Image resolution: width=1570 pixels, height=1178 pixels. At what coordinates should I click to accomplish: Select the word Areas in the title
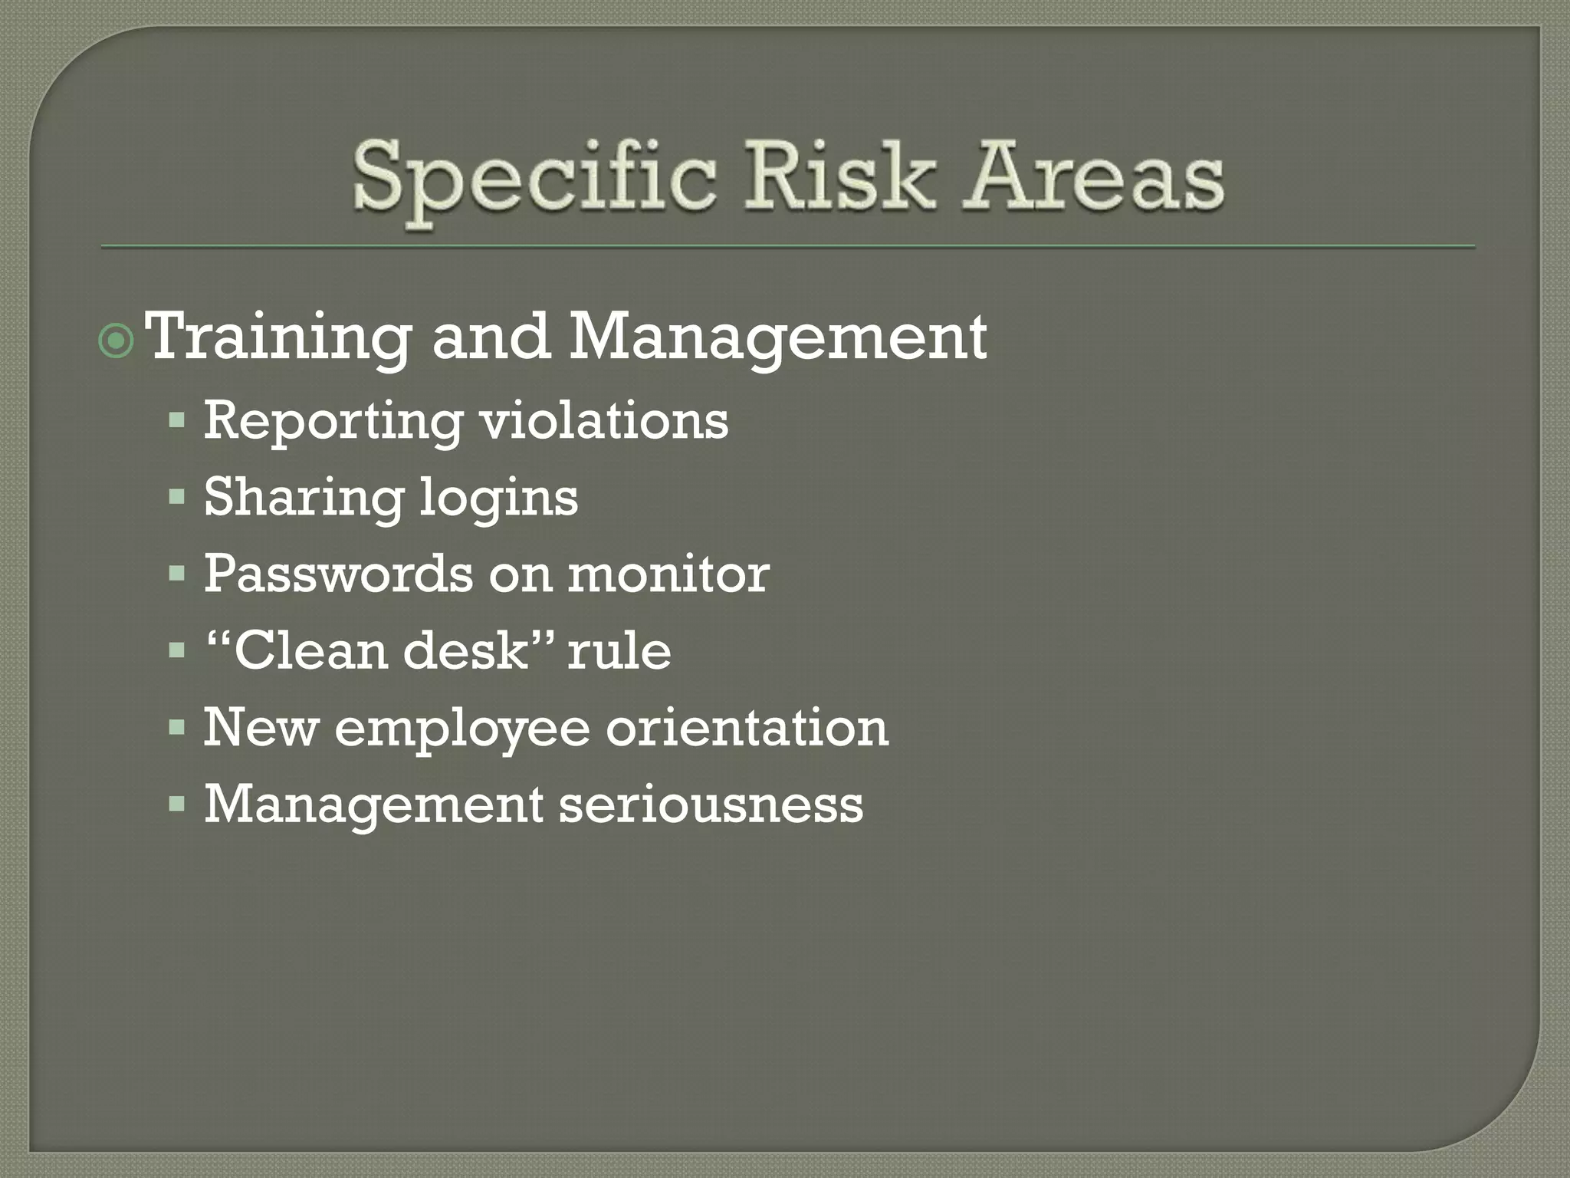click(1093, 176)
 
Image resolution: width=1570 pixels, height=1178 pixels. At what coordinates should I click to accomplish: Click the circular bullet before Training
click(117, 341)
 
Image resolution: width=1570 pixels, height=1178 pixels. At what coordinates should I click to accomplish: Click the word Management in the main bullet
click(777, 338)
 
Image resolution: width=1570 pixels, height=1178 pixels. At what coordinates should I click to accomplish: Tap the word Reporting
click(333, 422)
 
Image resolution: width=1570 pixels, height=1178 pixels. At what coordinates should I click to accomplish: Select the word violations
click(604, 420)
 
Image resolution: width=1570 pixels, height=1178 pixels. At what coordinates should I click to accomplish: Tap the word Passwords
click(338, 573)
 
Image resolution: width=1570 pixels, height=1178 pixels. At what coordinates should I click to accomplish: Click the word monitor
click(668, 573)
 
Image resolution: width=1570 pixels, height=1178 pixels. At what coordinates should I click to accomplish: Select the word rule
click(619, 650)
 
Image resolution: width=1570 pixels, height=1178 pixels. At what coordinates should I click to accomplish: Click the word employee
click(462, 728)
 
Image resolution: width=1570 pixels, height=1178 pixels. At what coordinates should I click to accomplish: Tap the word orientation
click(747, 726)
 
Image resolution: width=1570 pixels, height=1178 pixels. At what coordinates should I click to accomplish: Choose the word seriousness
click(711, 804)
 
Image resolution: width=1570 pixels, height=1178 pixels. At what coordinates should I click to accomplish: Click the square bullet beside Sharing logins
click(177, 497)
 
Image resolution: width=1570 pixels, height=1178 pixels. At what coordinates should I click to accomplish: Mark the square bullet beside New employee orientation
click(177, 726)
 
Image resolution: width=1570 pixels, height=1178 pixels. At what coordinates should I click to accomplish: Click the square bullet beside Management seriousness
click(177, 804)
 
